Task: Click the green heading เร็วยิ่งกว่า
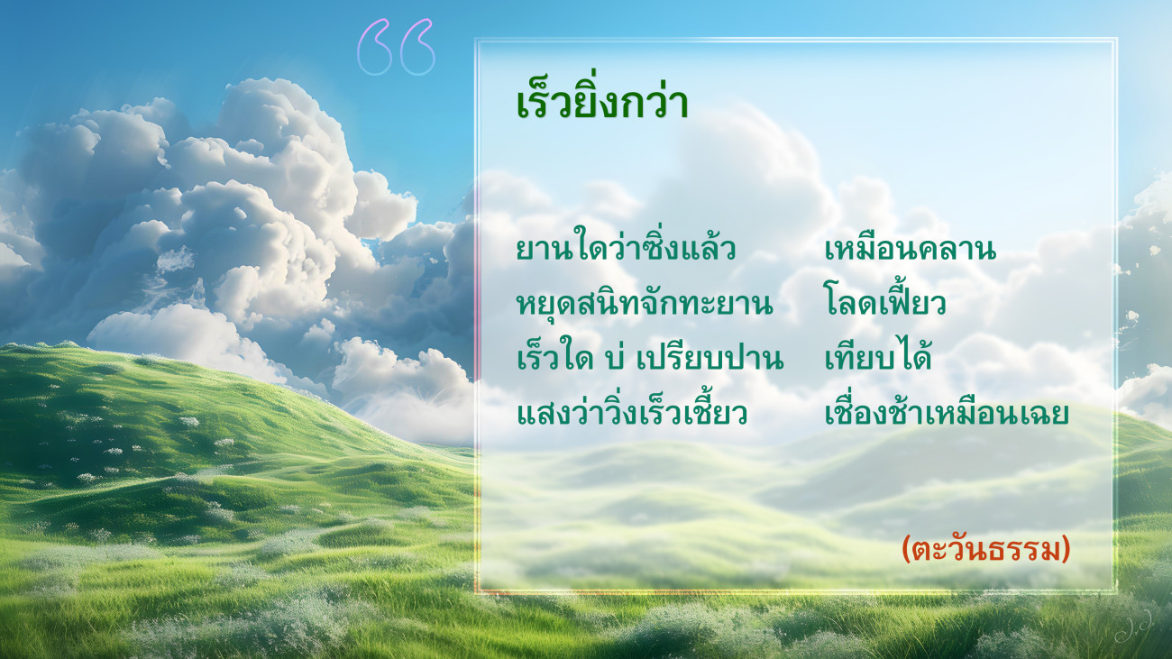(x=601, y=102)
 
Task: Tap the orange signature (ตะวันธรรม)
(x=986, y=550)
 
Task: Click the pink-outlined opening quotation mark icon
(x=396, y=47)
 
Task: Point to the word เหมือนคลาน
(x=911, y=249)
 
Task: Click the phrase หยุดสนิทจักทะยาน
(x=645, y=303)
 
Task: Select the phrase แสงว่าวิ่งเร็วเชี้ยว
(x=631, y=409)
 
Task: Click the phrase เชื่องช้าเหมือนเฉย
(x=947, y=409)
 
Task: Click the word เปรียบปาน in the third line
(x=710, y=358)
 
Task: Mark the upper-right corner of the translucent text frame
(x=1116, y=39)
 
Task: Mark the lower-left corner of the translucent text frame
(x=476, y=591)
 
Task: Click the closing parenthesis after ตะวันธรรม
(x=1066, y=550)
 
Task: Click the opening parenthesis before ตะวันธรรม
(x=908, y=550)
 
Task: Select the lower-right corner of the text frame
(x=1116, y=591)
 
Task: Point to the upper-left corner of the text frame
(x=476, y=39)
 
